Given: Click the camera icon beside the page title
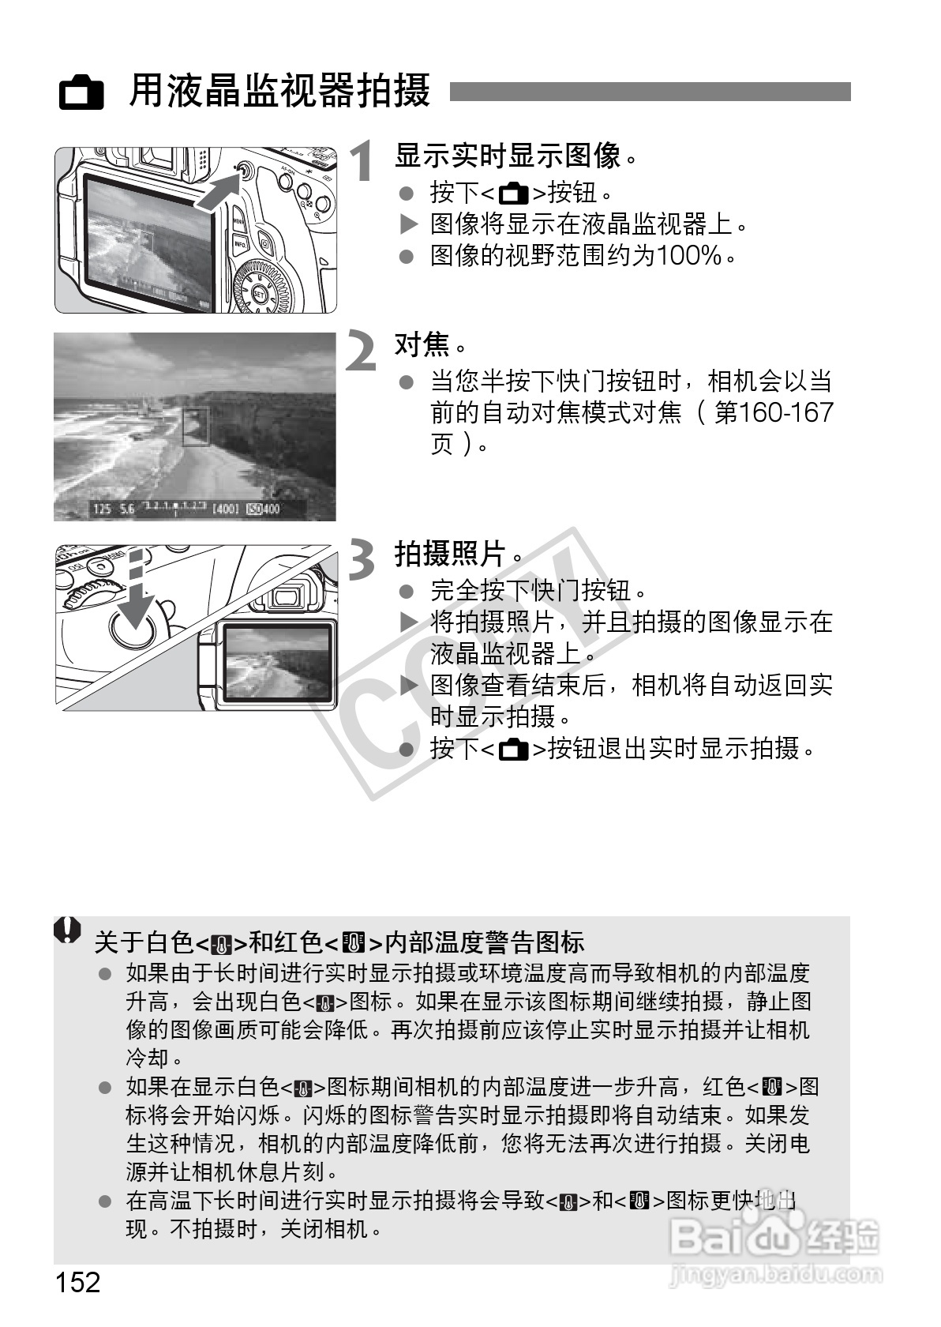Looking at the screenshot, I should point(82,93).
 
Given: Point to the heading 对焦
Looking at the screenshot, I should point(422,344).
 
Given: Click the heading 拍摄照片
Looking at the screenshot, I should point(450,554).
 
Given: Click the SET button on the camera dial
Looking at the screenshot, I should point(260,295).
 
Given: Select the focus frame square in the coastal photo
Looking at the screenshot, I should point(196,427).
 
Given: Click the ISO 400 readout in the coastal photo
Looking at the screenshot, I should point(264,509).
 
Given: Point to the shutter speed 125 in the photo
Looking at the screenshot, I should point(102,509).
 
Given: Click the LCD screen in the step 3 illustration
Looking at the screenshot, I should point(276,663).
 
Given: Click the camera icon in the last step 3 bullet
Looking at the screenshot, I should point(514,748).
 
